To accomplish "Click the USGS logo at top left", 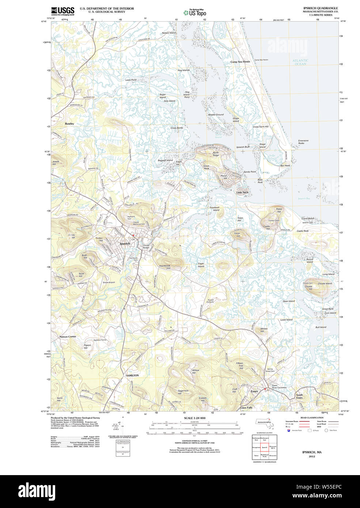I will (62, 11).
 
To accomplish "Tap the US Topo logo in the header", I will (195, 12).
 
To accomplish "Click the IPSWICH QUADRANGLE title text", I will (320, 8).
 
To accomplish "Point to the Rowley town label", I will (69, 124).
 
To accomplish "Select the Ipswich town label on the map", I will (125, 243).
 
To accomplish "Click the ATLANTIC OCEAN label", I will (300, 62).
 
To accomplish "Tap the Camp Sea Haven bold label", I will (240, 62).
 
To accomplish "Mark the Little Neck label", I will (242, 192).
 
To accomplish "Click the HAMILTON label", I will (132, 375).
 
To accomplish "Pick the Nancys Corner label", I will (68, 337).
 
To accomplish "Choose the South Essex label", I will (299, 396).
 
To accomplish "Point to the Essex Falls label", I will (246, 407).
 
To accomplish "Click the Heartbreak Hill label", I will (165, 267).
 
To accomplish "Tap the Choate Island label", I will (325, 283).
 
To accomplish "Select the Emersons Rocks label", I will (303, 142).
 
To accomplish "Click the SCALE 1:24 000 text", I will (194, 418).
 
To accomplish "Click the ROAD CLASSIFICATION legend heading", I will (312, 417).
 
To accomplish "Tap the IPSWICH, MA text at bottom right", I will (312, 452).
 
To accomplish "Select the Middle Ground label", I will (216, 115).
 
